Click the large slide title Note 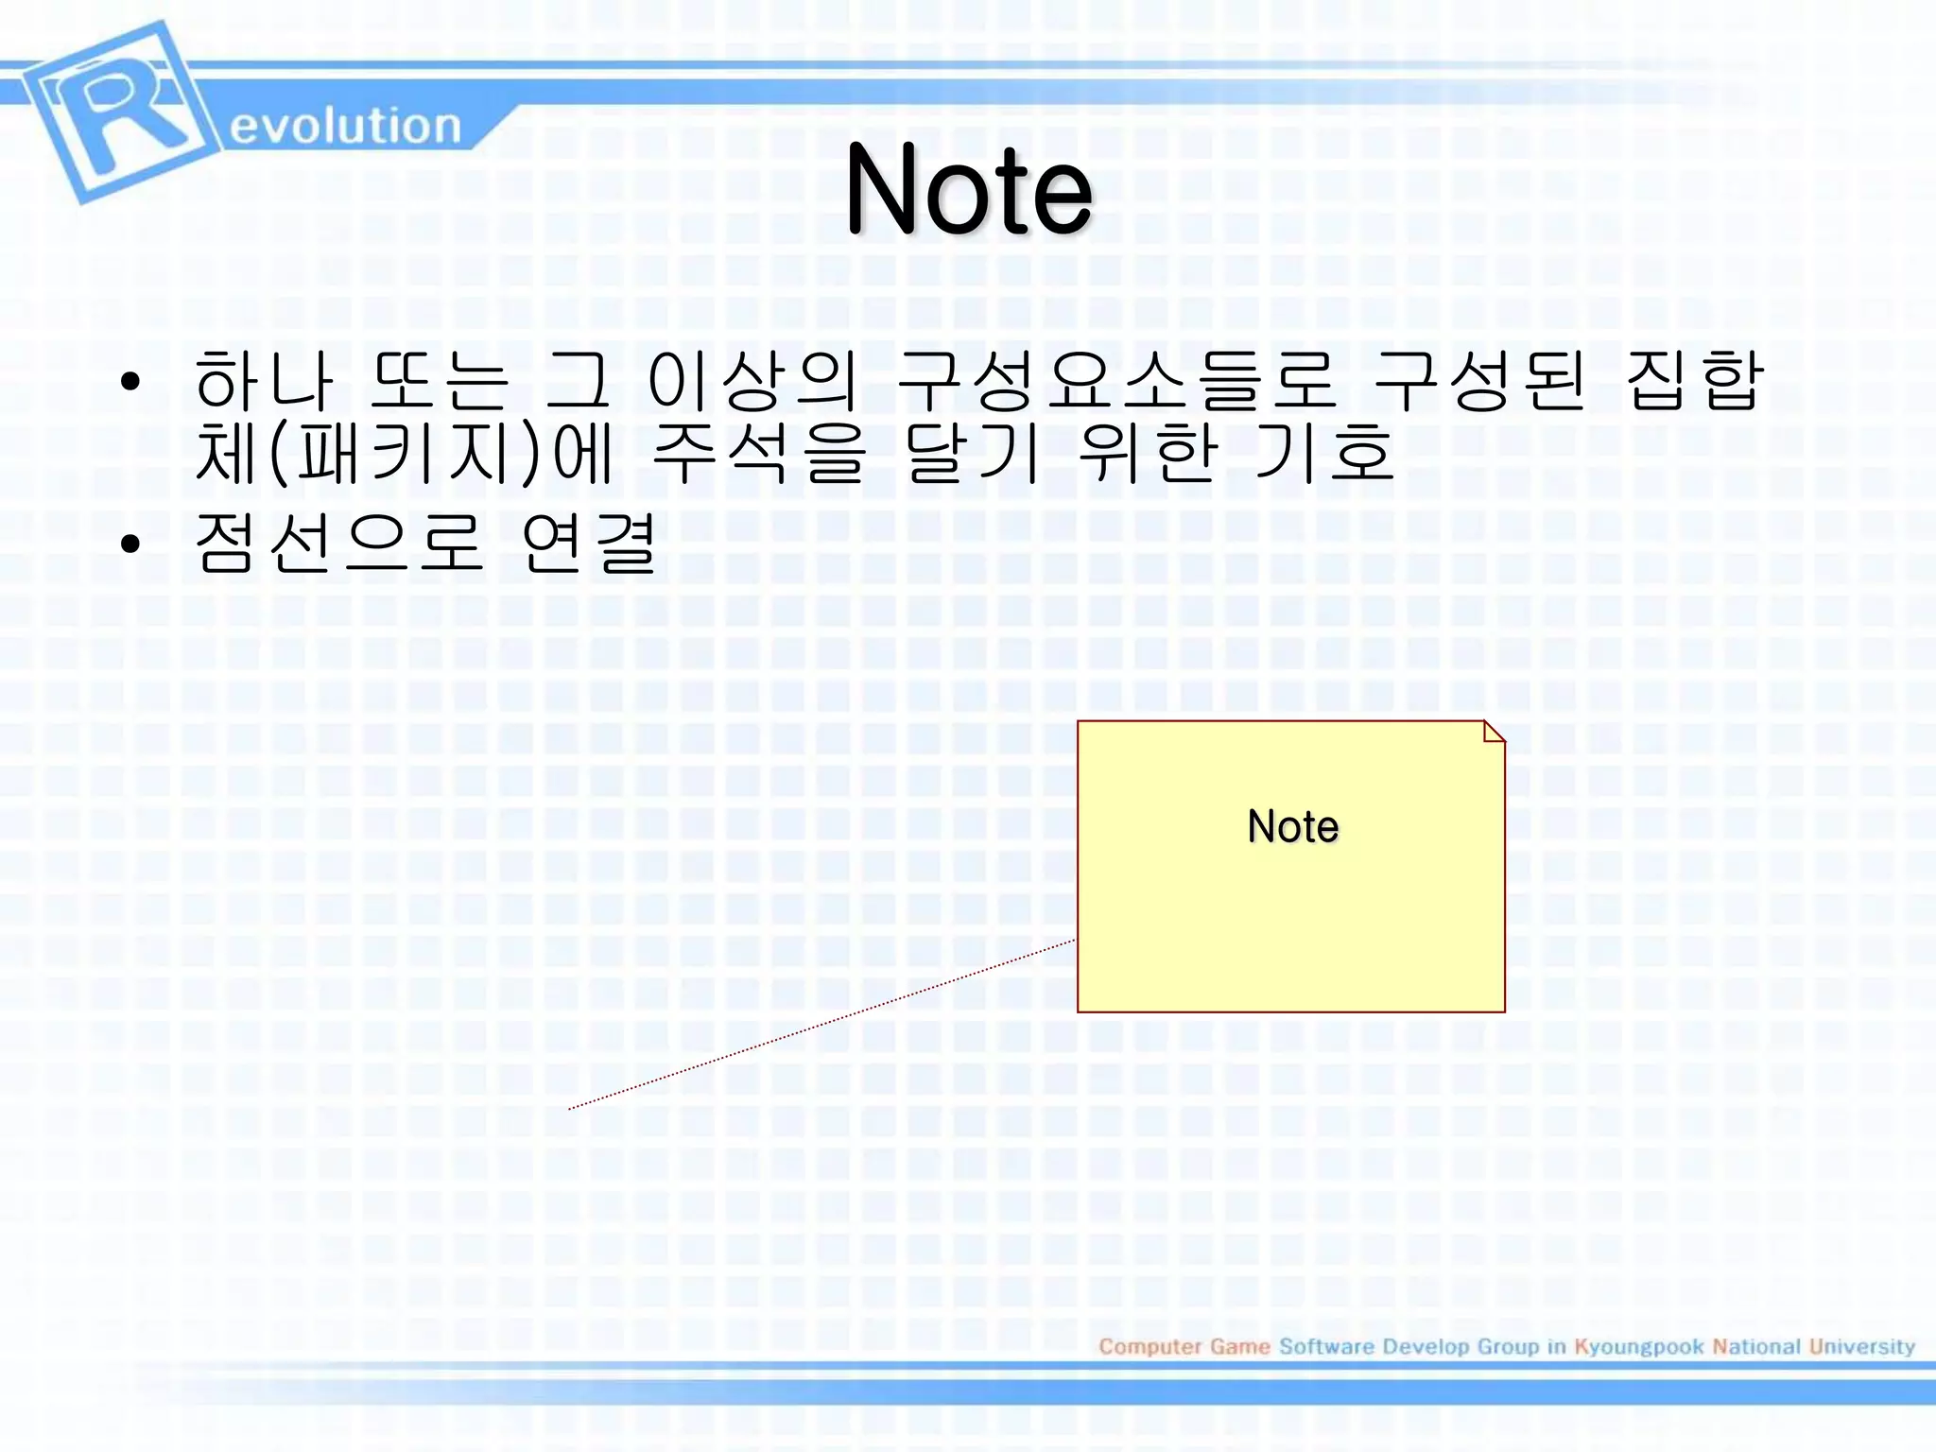969,189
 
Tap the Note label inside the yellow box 1292,826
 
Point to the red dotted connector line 822,1025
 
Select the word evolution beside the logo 345,126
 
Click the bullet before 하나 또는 130,383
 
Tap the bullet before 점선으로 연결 130,544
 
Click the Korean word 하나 264,380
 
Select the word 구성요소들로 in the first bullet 1116,380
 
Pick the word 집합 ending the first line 1694,380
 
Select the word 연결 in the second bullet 588,543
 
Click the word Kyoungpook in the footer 1638,1346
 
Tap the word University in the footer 1861,1346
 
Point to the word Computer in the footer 1149,1346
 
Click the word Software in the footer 1326,1346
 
